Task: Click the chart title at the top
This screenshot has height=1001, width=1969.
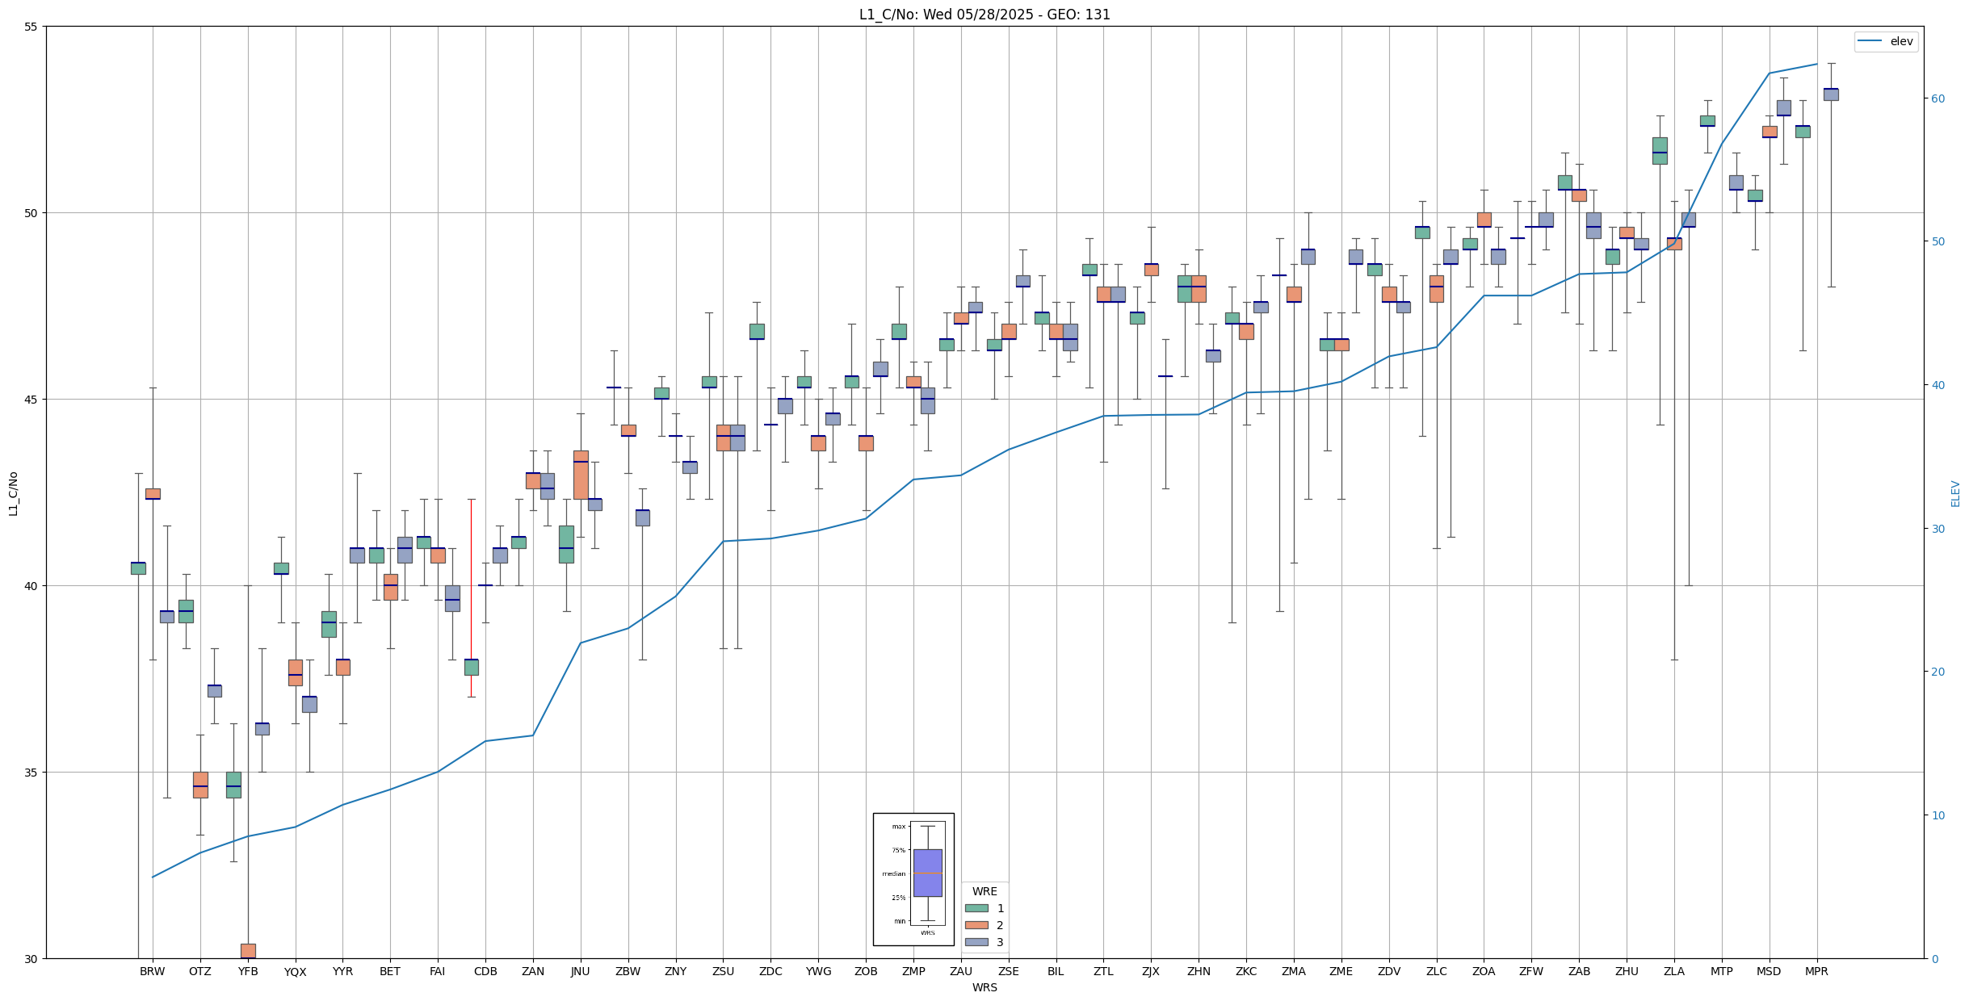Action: coord(984,15)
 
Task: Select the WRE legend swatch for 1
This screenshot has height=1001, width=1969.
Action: coord(976,908)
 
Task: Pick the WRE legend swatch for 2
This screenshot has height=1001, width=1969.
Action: coord(976,925)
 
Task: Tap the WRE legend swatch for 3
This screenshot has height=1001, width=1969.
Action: coord(976,942)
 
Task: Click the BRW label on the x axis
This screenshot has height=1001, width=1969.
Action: coord(152,972)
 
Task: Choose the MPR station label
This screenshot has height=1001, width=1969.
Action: coord(1816,972)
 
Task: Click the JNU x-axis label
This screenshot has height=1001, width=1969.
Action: coord(580,972)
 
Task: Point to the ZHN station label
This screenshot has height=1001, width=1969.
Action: coord(1199,972)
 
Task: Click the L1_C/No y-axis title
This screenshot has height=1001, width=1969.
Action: coord(13,493)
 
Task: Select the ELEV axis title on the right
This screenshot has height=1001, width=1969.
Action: coord(1955,493)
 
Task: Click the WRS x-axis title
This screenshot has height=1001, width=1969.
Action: coord(984,987)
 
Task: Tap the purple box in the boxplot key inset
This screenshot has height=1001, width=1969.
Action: coord(927,873)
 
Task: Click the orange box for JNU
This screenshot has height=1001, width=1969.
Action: coord(581,475)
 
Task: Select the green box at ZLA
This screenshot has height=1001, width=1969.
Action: coord(1660,151)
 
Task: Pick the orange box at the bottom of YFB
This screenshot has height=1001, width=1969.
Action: coord(248,951)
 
